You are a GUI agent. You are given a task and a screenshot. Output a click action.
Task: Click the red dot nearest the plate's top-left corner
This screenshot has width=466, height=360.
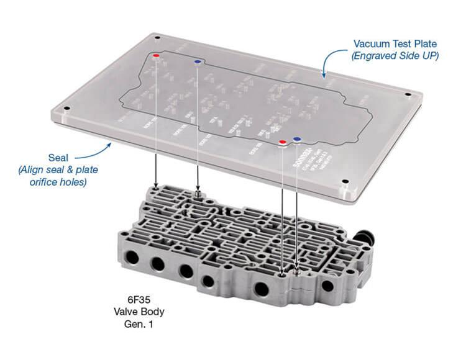click(x=156, y=56)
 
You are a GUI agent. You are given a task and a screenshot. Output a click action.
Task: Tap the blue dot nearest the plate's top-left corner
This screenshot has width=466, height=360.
click(x=197, y=62)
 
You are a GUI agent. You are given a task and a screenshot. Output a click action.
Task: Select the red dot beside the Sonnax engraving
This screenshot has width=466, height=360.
click(x=283, y=142)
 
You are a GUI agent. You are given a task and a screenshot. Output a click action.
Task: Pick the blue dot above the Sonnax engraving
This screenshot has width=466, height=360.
click(x=296, y=140)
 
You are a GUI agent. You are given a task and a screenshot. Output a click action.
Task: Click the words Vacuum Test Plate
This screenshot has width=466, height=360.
click(x=395, y=44)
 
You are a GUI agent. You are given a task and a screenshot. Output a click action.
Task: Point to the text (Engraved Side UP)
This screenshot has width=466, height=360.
click(x=395, y=56)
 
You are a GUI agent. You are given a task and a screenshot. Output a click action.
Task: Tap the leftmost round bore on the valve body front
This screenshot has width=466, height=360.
click(x=133, y=256)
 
